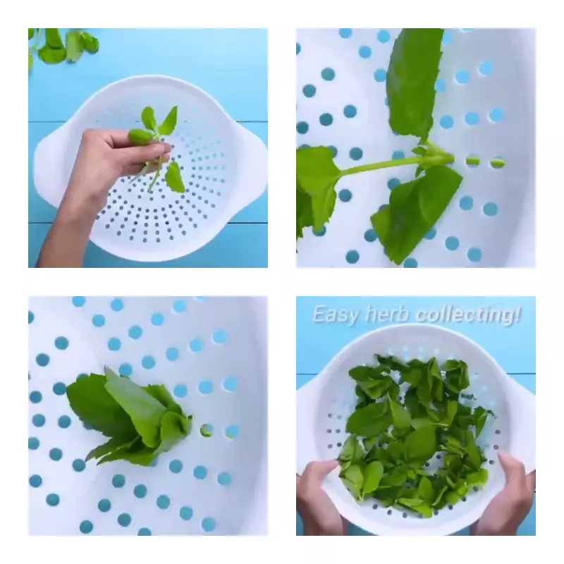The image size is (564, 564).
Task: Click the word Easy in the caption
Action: click(x=336, y=315)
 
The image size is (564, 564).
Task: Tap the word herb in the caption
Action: click(x=387, y=314)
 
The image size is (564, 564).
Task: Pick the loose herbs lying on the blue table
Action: click(x=63, y=45)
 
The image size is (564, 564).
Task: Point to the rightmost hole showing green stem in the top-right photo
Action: click(x=497, y=163)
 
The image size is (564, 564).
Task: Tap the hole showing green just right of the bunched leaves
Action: click(x=207, y=430)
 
